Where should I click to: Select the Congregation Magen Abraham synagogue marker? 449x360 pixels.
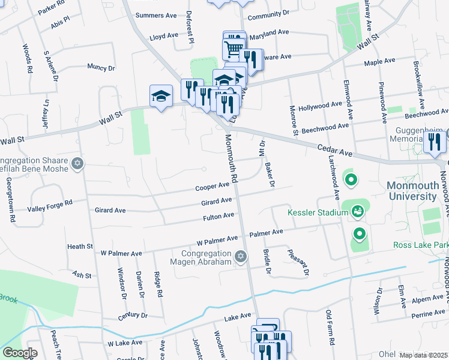click(241, 257)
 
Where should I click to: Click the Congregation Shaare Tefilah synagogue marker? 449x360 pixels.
click(77, 164)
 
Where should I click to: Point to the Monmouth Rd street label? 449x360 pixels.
click(232, 158)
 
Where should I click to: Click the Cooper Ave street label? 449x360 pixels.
click(212, 187)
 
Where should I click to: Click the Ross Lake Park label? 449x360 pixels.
click(421, 245)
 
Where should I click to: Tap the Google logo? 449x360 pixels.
click(19, 352)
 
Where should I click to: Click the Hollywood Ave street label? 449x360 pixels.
click(324, 106)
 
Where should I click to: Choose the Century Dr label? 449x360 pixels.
click(133, 316)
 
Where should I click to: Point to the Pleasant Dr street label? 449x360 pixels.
click(298, 262)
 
